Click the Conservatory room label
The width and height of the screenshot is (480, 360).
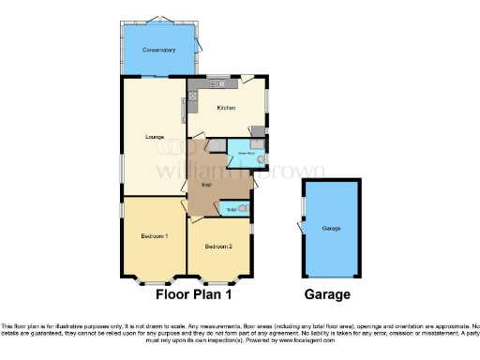pyautogui.click(x=159, y=50)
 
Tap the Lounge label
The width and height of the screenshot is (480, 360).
pyautogui.click(x=155, y=137)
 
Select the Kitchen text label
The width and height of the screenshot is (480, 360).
pyautogui.click(x=226, y=108)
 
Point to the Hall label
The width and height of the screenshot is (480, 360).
pyautogui.click(x=203, y=185)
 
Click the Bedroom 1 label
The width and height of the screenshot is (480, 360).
pyautogui.click(x=155, y=235)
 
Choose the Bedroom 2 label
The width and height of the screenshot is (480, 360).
pyautogui.click(x=218, y=246)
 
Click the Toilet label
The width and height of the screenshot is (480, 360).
pyautogui.click(x=231, y=209)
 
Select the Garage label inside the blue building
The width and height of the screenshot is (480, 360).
pyautogui.click(x=331, y=228)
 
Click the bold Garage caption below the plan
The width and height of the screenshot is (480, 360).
pyautogui.click(x=327, y=294)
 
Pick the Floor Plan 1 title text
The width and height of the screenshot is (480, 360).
pyautogui.click(x=193, y=294)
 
